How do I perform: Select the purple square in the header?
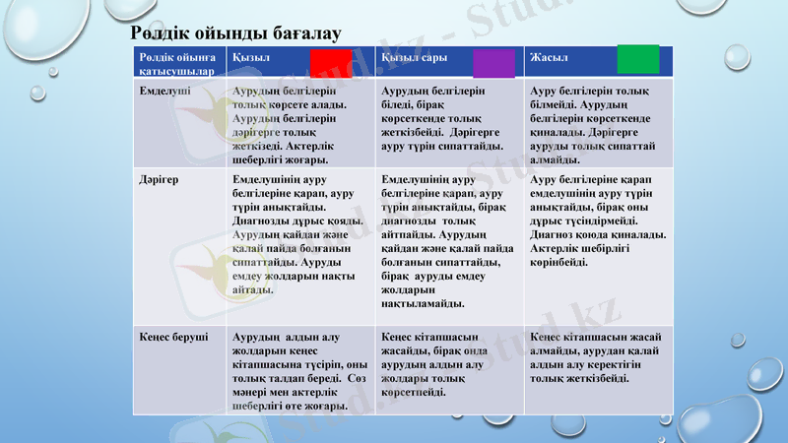click(493, 63)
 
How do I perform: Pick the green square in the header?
click(637, 59)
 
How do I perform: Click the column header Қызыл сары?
click(414, 58)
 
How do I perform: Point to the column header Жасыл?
click(549, 58)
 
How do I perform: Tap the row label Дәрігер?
click(159, 181)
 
